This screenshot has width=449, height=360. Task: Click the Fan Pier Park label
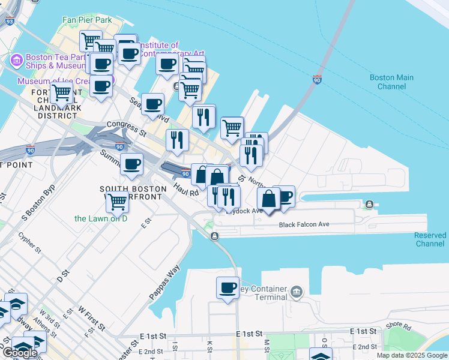pyautogui.click(x=87, y=20)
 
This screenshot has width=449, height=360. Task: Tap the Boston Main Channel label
pyautogui.click(x=391, y=82)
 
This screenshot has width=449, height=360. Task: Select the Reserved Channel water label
pyautogui.click(x=430, y=239)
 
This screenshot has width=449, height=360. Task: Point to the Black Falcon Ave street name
pyautogui.click(x=304, y=225)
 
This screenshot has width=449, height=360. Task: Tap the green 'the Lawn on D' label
pyautogui.click(x=101, y=218)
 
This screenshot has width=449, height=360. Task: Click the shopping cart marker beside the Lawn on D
pyautogui.click(x=116, y=202)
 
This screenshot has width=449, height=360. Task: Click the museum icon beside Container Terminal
pyautogui.click(x=296, y=292)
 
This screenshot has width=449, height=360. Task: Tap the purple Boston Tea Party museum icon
pyautogui.click(x=16, y=61)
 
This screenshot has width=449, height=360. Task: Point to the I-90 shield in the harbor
pyautogui.click(x=317, y=79)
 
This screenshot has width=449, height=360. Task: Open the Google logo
pyautogui.click(x=19, y=353)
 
